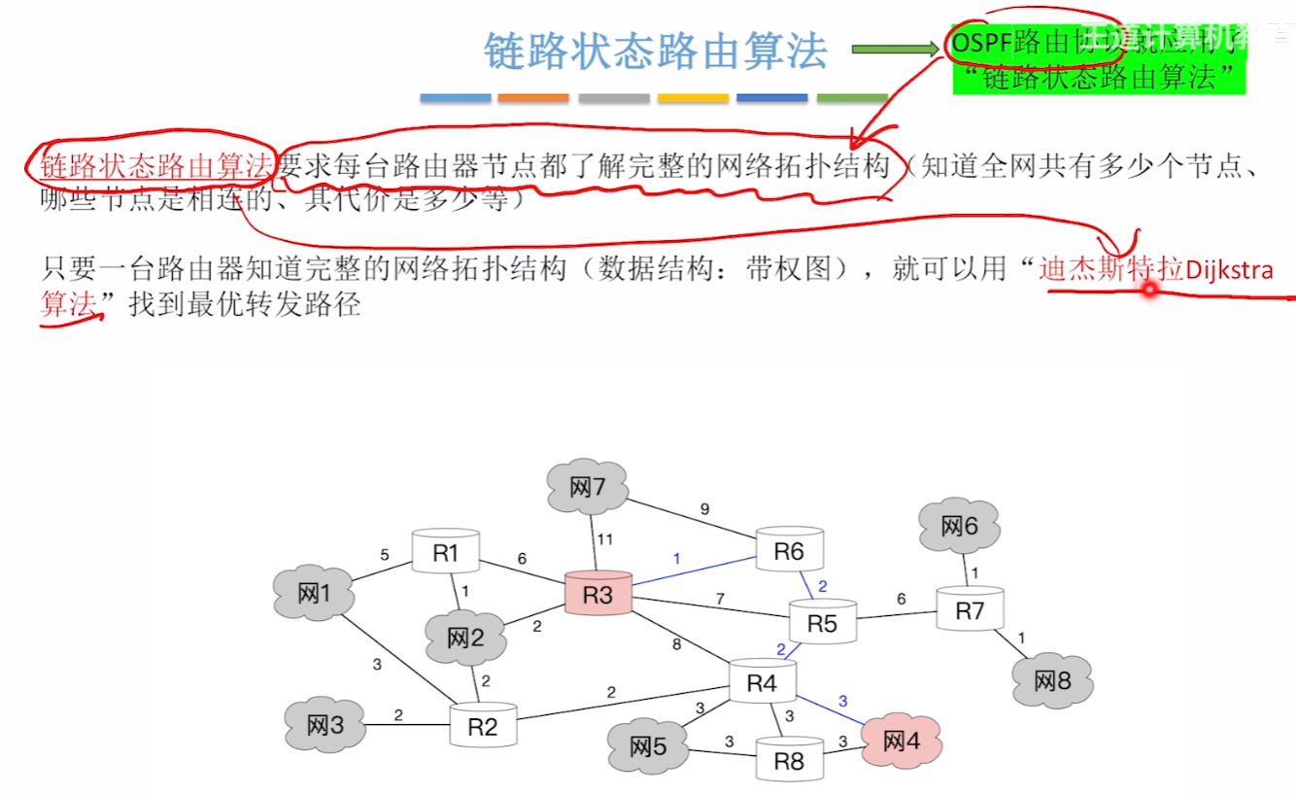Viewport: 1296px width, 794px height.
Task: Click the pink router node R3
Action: (x=598, y=594)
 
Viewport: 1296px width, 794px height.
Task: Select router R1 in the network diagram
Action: (x=446, y=552)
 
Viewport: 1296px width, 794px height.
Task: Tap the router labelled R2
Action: (x=483, y=726)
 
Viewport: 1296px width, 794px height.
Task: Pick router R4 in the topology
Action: (x=762, y=682)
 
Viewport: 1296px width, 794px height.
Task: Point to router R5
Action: (x=822, y=622)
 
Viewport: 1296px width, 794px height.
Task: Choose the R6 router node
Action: (x=789, y=551)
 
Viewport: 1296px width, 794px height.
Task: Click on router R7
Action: (x=970, y=609)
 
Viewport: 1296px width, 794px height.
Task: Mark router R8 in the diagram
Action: (x=789, y=761)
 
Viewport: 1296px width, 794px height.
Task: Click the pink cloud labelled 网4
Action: (x=901, y=742)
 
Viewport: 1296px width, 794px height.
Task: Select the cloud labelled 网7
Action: (x=588, y=486)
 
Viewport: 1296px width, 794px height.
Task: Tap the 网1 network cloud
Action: (x=313, y=593)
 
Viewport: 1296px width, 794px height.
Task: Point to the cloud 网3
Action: (x=324, y=725)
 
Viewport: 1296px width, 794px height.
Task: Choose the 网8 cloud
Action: (x=1051, y=680)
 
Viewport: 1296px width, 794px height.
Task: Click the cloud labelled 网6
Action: (x=959, y=527)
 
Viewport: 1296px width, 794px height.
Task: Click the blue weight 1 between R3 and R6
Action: (x=676, y=558)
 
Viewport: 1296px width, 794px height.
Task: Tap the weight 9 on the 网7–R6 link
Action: (x=704, y=508)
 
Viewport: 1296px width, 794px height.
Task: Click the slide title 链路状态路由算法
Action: (x=656, y=51)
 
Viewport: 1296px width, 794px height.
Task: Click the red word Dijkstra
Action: (x=1229, y=269)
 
